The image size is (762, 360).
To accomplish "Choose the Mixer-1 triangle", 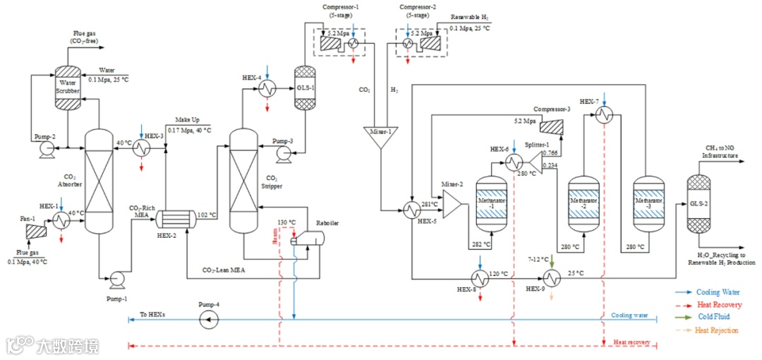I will (x=380, y=137).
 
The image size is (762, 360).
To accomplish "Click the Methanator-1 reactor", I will (x=492, y=204).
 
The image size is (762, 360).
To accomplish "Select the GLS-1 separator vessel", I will (x=304, y=88).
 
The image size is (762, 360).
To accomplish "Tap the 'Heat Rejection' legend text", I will (x=716, y=330).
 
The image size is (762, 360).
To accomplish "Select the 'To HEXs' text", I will (x=152, y=314).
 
